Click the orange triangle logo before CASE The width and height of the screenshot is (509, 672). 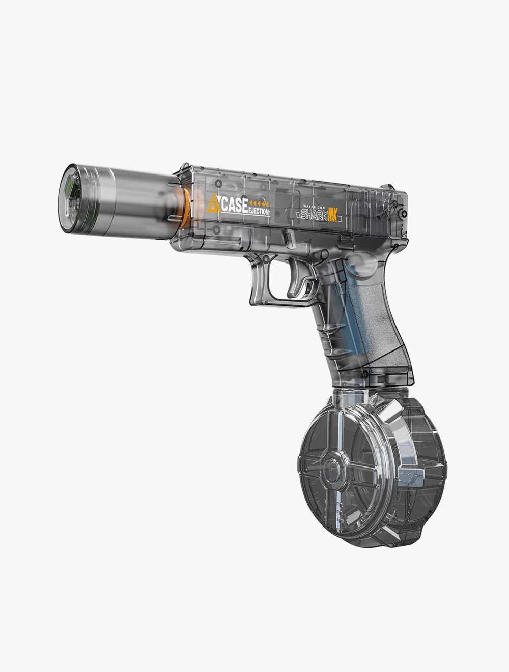214,203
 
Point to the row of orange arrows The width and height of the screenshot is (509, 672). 259,203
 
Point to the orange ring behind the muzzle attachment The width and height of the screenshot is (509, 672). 186,208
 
